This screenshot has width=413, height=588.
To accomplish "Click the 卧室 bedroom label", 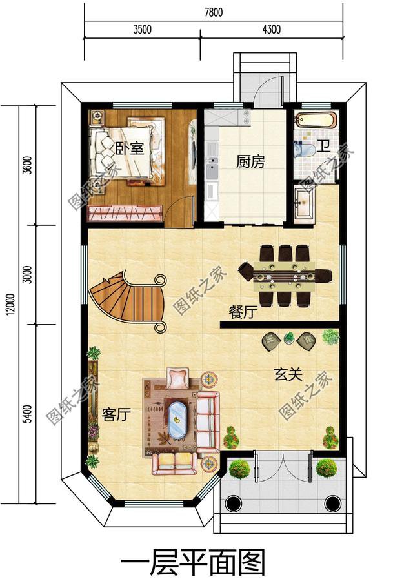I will click(x=129, y=148).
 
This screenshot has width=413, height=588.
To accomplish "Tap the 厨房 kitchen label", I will click(x=250, y=161).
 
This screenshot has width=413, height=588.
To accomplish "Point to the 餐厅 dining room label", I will click(x=243, y=312).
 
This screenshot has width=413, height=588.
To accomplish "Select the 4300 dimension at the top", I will click(x=271, y=29).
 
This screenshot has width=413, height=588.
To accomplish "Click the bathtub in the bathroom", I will click(x=316, y=120).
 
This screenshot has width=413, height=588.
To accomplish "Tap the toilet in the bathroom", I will click(x=305, y=150).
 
